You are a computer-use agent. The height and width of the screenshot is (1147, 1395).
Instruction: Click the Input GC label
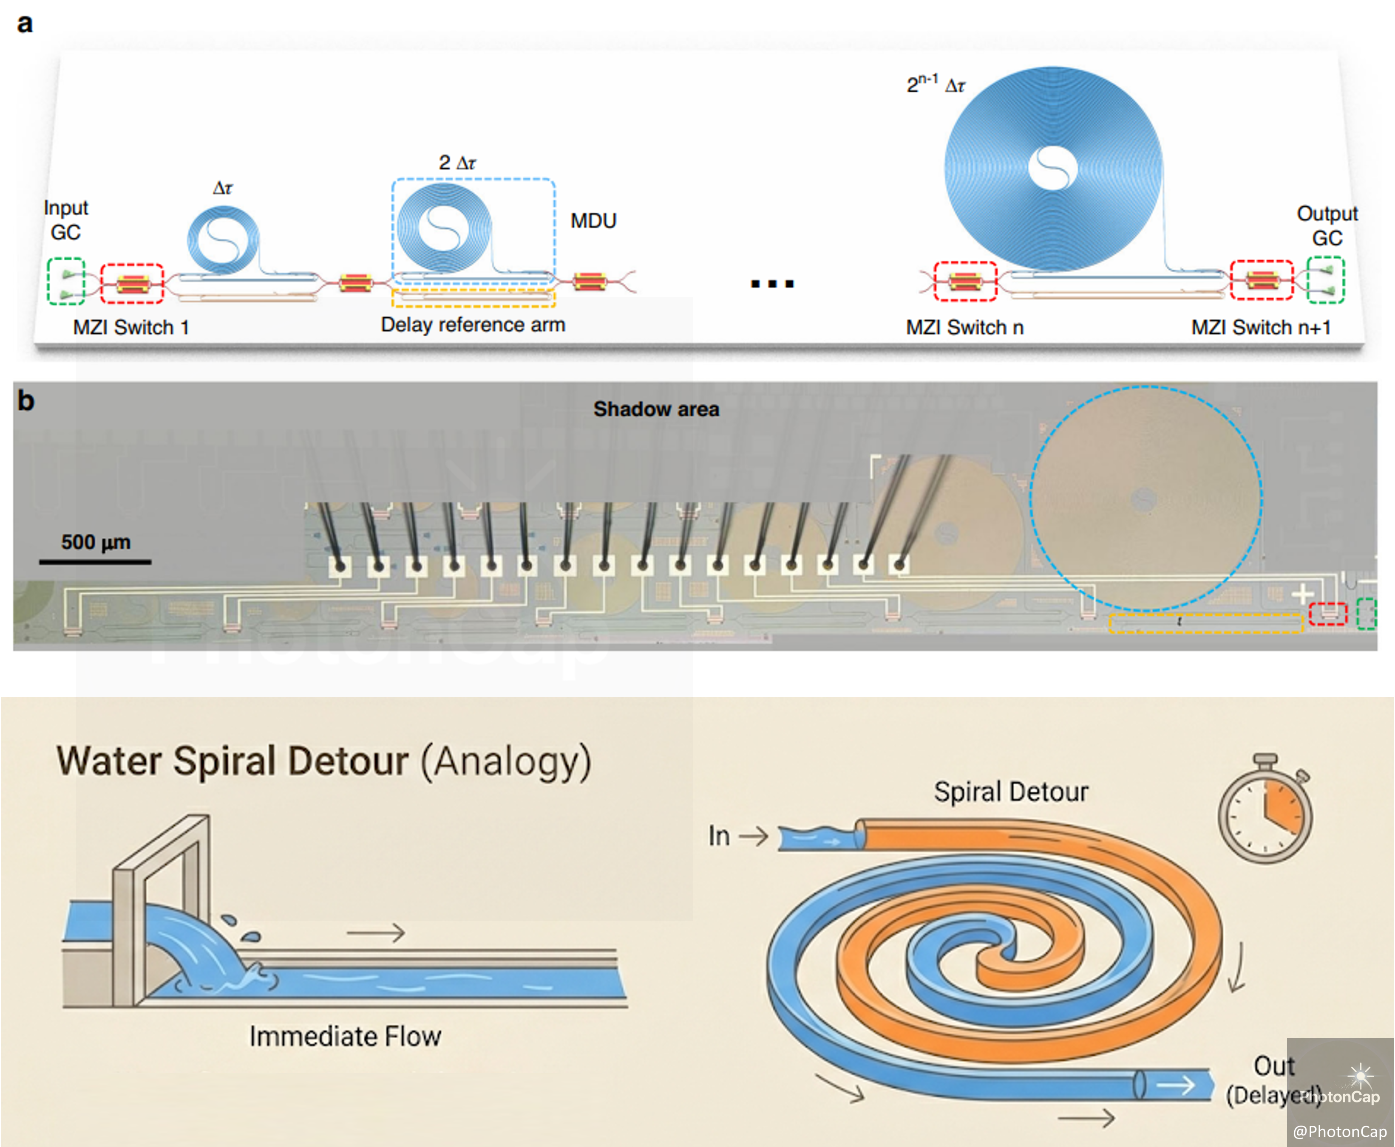[65, 220]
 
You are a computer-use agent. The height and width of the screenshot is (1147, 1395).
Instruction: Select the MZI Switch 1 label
[131, 327]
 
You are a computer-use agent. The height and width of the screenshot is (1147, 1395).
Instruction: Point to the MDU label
[593, 221]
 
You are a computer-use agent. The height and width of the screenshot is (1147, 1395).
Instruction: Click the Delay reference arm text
[473, 324]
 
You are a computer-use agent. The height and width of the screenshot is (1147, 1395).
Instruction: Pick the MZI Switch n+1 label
[1261, 327]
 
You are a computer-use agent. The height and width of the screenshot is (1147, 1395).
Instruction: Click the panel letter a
[25, 24]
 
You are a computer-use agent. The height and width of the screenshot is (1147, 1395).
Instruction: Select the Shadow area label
[656, 409]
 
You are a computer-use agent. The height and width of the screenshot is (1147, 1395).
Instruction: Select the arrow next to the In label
[754, 837]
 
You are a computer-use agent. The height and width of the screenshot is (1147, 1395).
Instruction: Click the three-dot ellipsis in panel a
[771, 284]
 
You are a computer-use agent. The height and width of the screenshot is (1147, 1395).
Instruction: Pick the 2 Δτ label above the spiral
[457, 163]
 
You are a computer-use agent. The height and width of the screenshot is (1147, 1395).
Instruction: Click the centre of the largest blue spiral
[1052, 168]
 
